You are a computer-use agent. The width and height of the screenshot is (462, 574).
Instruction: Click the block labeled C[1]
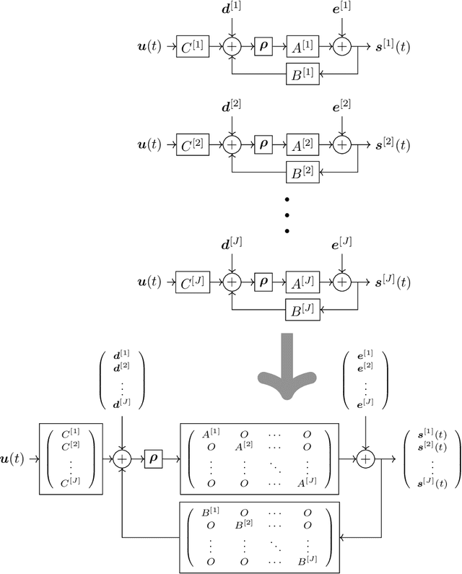[x=192, y=48]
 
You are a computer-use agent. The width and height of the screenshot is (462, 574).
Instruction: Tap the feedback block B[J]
[x=302, y=310]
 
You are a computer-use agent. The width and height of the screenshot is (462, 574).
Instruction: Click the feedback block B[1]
[x=302, y=74]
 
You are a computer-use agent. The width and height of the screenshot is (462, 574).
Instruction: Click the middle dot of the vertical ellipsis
[x=287, y=214]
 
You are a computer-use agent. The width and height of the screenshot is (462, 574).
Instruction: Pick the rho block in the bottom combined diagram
[x=153, y=458]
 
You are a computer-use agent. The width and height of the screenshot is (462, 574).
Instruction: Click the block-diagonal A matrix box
[x=258, y=458]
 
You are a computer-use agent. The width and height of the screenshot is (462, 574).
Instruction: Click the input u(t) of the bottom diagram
[x=15, y=458]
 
